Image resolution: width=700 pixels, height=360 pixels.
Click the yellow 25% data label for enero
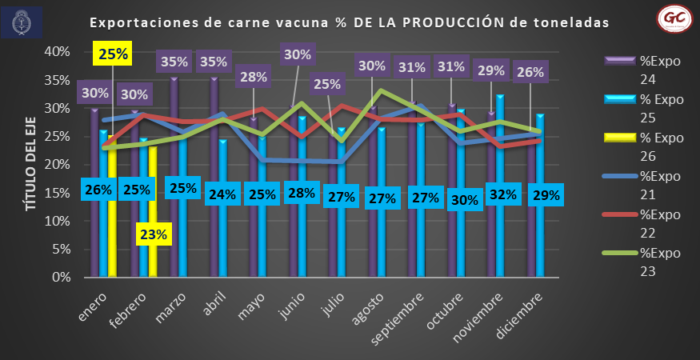click(114, 54)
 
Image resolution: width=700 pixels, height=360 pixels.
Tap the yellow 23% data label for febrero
click(154, 234)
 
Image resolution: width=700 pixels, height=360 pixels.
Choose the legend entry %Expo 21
click(649, 186)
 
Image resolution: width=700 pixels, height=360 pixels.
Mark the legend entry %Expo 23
click(649, 263)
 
